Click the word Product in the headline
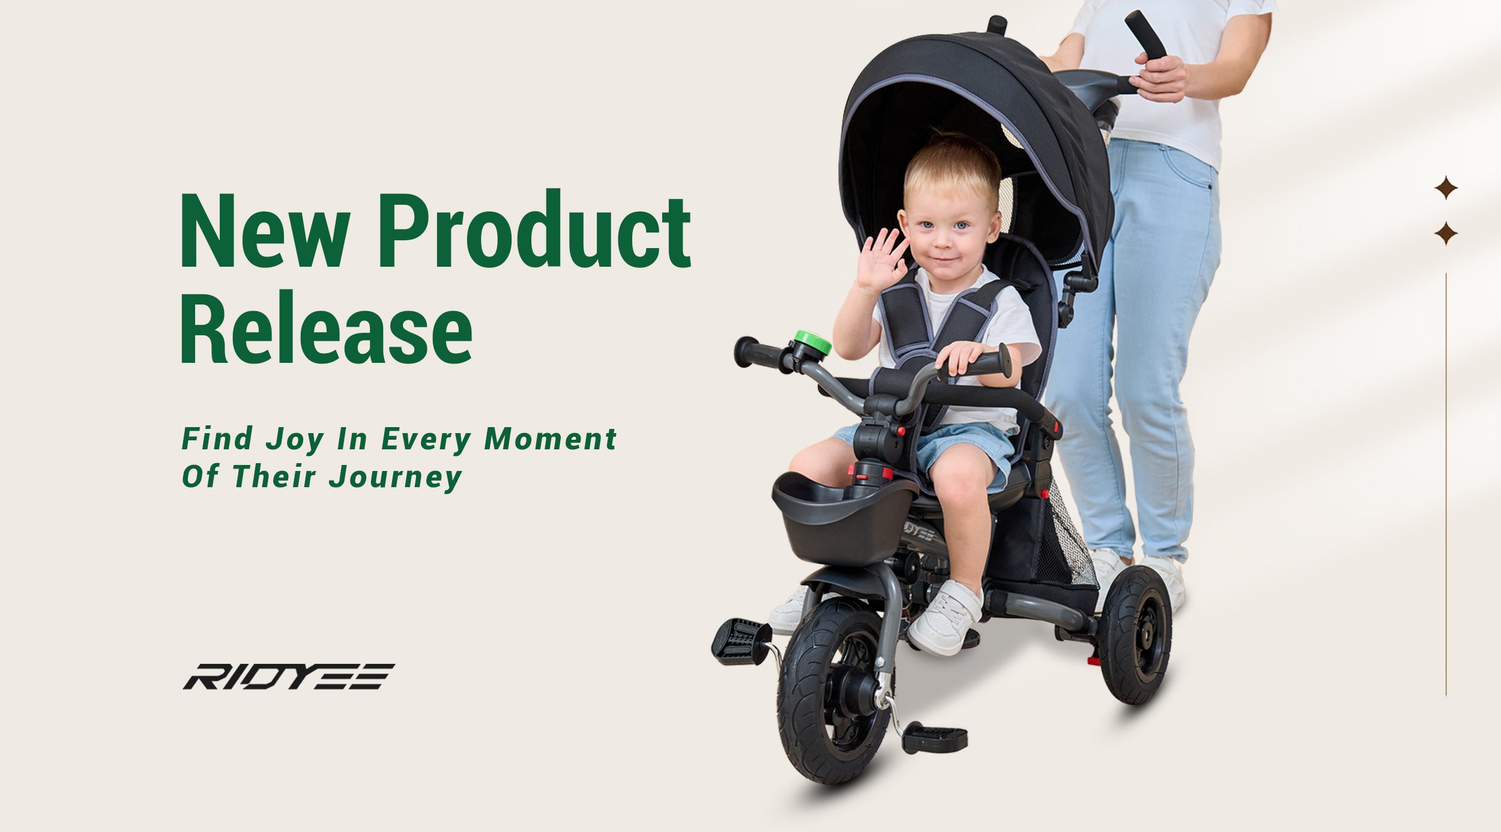click(x=534, y=228)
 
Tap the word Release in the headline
click(x=326, y=327)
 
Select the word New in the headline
click(x=265, y=231)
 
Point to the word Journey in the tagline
click(x=396, y=477)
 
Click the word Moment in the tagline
click(x=551, y=439)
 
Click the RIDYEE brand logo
click(x=288, y=676)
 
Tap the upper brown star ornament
click(x=1446, y=188)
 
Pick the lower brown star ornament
click(x=1446, y=233)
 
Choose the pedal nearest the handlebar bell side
click(x=741, y=642)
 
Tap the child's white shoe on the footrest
click(x=945, y=617)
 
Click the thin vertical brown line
click(x=1446, y=484)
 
